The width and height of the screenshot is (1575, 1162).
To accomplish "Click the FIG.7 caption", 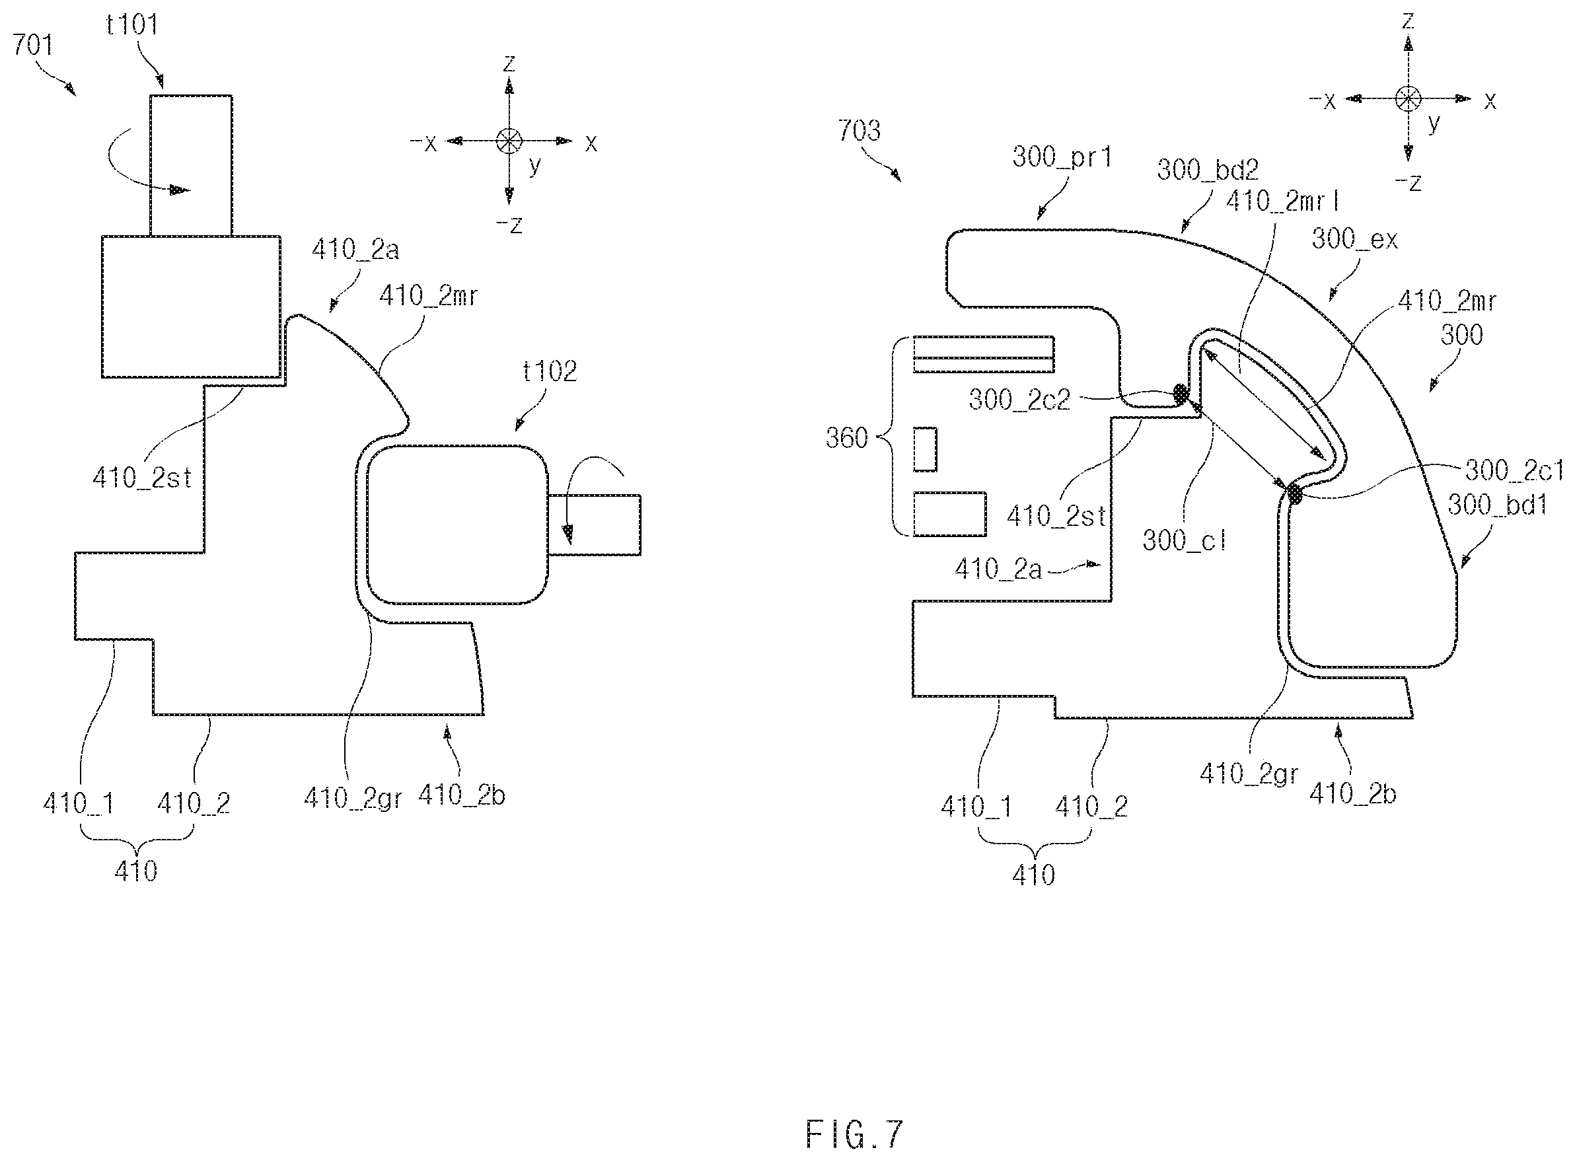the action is pyautogui.click(x=854, y=1134).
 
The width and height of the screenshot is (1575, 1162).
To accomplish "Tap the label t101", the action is pyautogui.click(x=131, y=24).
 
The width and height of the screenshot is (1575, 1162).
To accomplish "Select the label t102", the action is pyautogui.click(x=550, y=371).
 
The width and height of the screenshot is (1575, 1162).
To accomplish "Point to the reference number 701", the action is pyautogui.click(x=32, y=45).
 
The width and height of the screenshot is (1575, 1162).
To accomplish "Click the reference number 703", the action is pyautogui.click(x=859, y=131).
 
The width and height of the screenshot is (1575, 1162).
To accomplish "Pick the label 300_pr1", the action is pyautogui.click(x=1062, y=157).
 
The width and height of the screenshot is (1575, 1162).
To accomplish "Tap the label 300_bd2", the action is pyautogui.click(x=1208, y=170).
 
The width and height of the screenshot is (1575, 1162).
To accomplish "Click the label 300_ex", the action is pyautogui.click(x=1355, y=239).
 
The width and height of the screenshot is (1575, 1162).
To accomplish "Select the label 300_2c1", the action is pyautogui.click(x=1514, y=470).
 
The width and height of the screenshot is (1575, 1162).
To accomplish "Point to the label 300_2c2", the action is pyautogui.click(x=1019, y=400).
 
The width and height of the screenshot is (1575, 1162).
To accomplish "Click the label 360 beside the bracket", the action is pyautogui.click(x=847, y=438).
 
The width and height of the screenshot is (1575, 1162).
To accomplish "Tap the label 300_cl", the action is pyautogui.click(x=1185, y=540).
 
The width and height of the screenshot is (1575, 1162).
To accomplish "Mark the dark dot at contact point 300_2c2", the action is pyautogui.click(x=1181, y=394).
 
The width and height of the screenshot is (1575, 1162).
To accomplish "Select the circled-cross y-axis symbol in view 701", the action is pyautogui.click(x=509, y=141).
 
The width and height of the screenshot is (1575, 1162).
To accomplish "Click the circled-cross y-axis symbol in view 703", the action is pyautogui.click(x=1408, y=98).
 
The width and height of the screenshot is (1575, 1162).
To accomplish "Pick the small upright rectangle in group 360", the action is pyautogui.click(x=925, y=449).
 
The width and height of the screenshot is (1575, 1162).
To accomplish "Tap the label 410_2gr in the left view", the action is pyautogui.click(x=353, y=797).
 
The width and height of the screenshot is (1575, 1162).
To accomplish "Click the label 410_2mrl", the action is pyautogui.click(x=1282, y=201).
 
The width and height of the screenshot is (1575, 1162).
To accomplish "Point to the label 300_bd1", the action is pyautogui.click(x=1498, y=504).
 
